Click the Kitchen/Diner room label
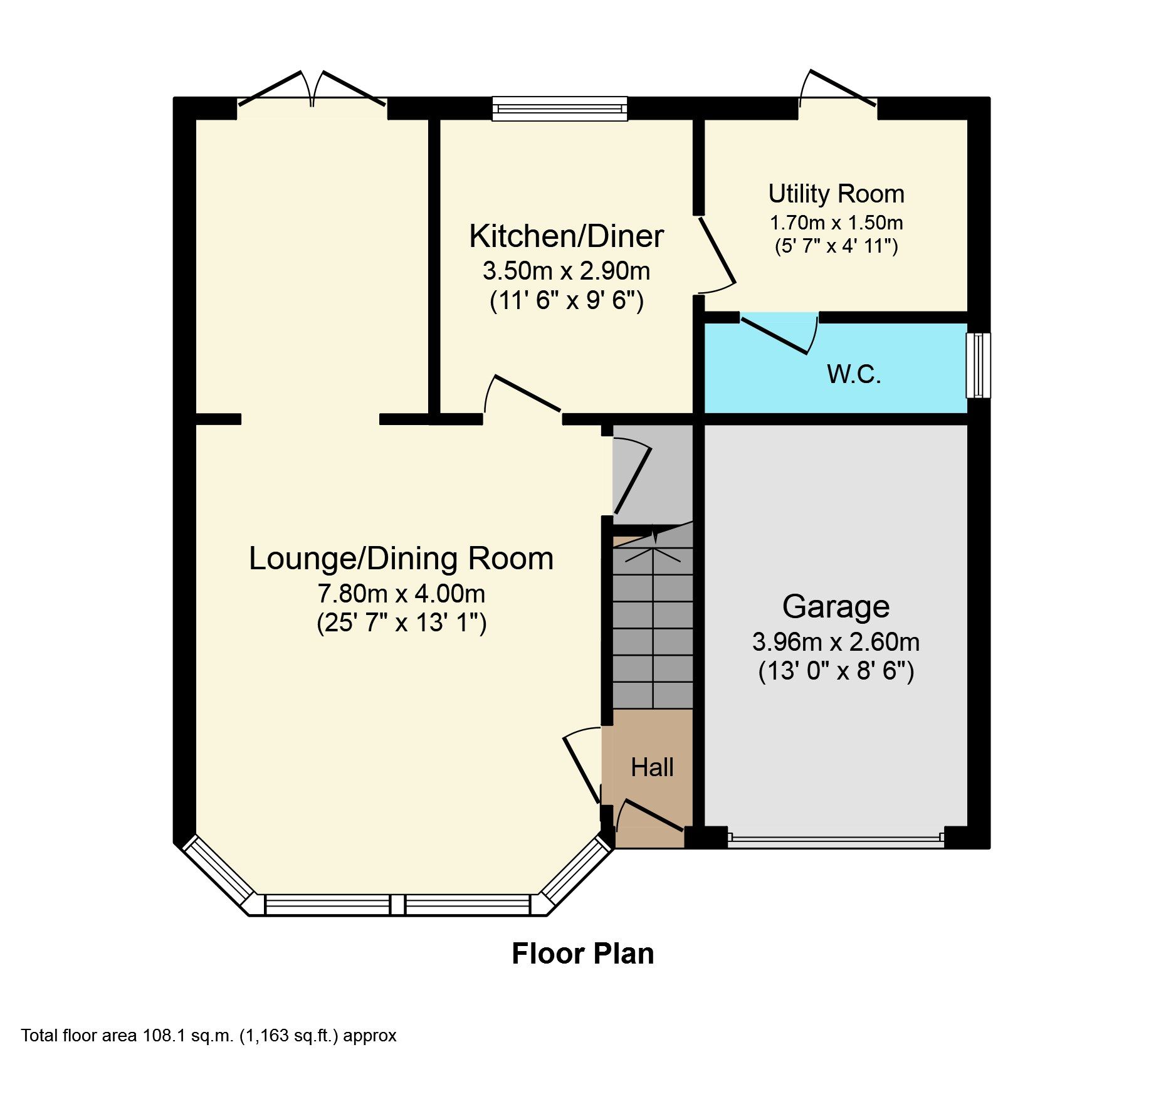[x=566, y=236]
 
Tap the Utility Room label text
[x=836, y=194]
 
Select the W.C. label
[x=854, y=374]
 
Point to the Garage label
[x=836, y=606]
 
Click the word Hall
[x=652, y=767]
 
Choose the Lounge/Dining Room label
[x=401, y=559]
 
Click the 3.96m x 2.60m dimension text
[x=836, y=642]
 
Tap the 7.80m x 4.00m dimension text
[x=401, y=593]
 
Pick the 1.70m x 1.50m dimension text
[x=836, y=223]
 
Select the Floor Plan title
[x=582, y=954]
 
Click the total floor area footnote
[x=209, y=1035]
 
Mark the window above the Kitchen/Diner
[x=559, y=108]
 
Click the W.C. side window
[x=977, y=365]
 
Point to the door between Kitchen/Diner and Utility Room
[x=716, y=254]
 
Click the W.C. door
[x=777, y=335]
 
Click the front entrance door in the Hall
[x=649, y=815]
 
